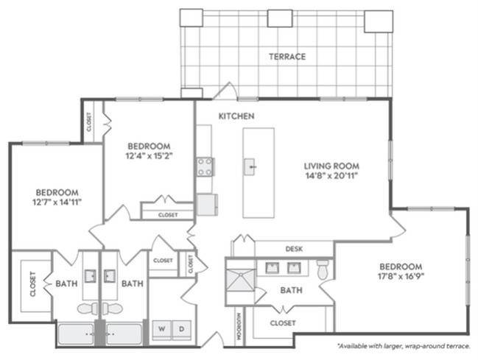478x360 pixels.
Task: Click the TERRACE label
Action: [x=287, y=56]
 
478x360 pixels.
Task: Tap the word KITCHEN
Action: [x=236, y=116]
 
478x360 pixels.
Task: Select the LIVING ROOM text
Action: [x=331, y=166]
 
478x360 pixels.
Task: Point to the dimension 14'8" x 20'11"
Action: [x=331, y=176]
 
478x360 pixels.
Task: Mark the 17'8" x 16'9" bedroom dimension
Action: [x=401, y=277]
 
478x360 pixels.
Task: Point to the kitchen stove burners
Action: [x=205, y=167]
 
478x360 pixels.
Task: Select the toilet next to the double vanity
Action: [x=323, y=269]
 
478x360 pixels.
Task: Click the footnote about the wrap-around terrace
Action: [x=403, y=345]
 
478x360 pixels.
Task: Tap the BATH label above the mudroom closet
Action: [x=291, y=291]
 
